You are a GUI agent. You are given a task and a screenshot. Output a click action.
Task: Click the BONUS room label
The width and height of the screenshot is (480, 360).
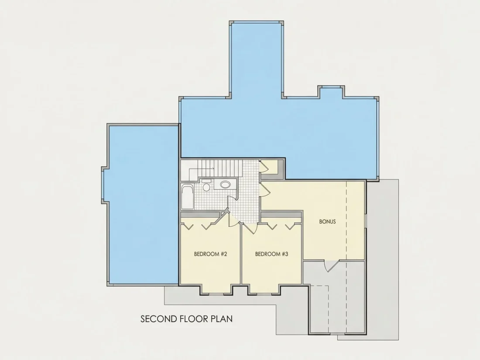(x=327, y=221)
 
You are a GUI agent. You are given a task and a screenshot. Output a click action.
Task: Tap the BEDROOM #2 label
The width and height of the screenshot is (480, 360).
(x=210, y=254)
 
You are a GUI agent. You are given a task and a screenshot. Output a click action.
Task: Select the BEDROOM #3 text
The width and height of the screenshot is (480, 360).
(x=271, y=254)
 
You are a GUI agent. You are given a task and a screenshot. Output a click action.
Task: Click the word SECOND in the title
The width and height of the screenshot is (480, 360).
(x=158, y=319)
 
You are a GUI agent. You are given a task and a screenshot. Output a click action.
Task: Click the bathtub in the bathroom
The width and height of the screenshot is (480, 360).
(x=187, y=196)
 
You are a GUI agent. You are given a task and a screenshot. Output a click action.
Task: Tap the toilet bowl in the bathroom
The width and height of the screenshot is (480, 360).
(x=206, y=187)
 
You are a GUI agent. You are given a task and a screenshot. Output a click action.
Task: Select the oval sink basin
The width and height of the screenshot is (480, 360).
(x=225, y=184)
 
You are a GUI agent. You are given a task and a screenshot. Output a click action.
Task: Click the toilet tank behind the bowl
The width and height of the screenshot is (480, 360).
(x=206, y=181)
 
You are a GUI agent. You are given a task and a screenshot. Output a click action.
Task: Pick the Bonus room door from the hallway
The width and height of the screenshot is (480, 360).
(x=265, y=190)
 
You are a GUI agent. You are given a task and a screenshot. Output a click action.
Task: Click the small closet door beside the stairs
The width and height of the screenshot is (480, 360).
(x=264, y=167)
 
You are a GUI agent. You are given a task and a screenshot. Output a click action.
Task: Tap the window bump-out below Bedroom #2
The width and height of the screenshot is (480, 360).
(x=216, y=290)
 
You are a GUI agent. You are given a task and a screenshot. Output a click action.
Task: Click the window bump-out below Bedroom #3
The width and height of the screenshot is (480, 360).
(x=264, y=290)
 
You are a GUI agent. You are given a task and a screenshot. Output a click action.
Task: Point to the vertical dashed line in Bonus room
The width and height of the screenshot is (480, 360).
(x=346, y=220)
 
